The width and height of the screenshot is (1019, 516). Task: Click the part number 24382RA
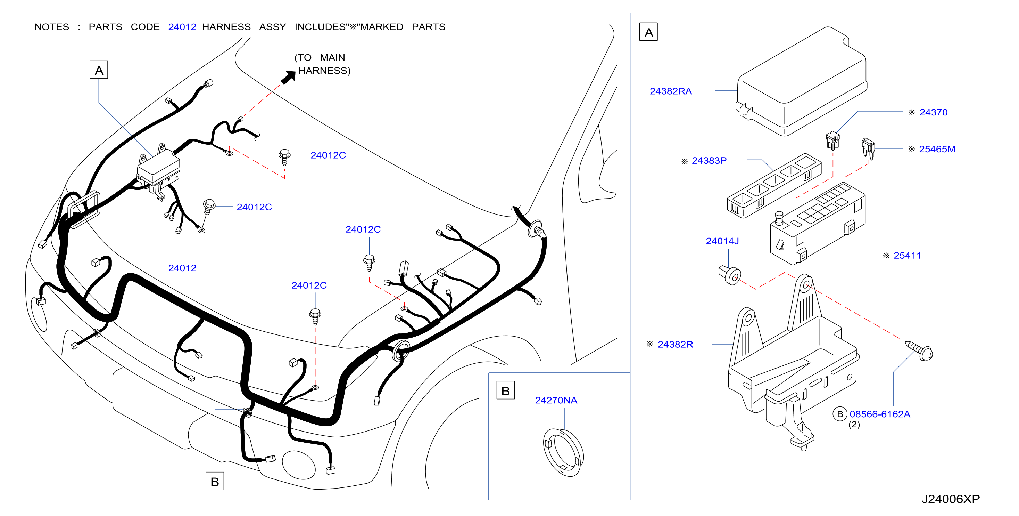[x=671, y=91]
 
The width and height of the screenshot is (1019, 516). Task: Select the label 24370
[x=933, y=112]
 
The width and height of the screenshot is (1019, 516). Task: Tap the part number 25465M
[x=937, y=149]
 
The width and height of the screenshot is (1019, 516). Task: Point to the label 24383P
[x=709, y=161]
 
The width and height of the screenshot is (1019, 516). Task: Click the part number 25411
[x=907, y=256]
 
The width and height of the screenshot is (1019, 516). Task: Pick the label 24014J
[x=722, y=241]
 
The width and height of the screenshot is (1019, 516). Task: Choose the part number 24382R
[x=675, y=345]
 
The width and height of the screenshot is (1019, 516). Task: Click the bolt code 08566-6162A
[x=880, y=414]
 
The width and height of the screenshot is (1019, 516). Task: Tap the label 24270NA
[x=556, y=400]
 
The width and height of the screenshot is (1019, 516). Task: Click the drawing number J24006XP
[x=951, y=499]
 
